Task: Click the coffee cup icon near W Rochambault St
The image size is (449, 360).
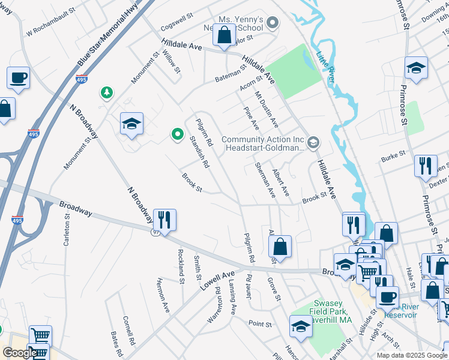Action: (18, 78)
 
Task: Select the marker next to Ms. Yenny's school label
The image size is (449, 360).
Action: (273, 23)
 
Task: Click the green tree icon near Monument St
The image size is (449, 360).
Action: (106, 92)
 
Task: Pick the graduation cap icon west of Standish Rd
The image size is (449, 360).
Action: (131, 124)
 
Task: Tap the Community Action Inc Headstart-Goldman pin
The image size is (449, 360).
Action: (313, 143)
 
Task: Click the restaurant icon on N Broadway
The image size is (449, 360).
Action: (164, 220)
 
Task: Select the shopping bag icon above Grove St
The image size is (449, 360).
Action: (280, 246)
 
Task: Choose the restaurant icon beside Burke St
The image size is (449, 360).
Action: (426, 166)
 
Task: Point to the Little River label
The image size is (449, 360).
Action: (326, 67)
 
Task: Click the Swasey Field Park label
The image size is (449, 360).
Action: (330, 311)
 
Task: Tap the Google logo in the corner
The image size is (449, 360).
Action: (19, 353)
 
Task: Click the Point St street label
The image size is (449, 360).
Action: (260, 323)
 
